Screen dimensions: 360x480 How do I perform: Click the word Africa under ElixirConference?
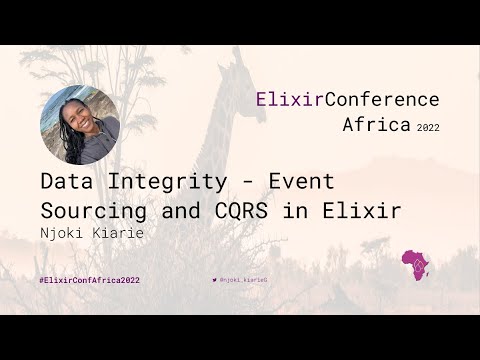(376, 125)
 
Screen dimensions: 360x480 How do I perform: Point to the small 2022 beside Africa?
(427, 128)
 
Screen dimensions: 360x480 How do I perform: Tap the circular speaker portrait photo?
(80, 124)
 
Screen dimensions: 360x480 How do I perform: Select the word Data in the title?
(66, 184)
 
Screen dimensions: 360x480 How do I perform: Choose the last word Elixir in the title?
(365, 211)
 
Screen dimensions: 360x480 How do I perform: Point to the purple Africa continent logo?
(414, 266)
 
